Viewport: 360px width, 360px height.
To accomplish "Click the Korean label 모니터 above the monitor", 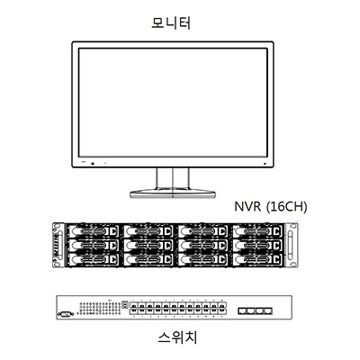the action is pos(171,23).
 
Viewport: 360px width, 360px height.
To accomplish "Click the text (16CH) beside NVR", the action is pos(287,207).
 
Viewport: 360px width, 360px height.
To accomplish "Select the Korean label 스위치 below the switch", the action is pos(177,337).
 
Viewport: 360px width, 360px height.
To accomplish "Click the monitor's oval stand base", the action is pos(173,193).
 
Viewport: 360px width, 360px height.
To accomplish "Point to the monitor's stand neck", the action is pos(173,178).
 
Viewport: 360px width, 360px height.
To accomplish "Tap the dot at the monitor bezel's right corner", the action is pos(265,164).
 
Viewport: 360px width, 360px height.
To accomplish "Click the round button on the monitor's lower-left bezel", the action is pos(93,164).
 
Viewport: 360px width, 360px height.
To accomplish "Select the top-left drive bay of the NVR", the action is pos(93,231).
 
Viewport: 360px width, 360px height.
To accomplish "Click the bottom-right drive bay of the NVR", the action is pos(257,259).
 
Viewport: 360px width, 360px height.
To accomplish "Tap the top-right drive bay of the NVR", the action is pos(257,231).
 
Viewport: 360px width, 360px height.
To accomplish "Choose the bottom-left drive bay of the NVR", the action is pos(93,259).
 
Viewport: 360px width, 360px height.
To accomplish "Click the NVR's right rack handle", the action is pos(290,246).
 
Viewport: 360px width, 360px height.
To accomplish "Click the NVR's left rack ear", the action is pos(58,245).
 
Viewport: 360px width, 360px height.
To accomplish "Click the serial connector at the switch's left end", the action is pos(66,314).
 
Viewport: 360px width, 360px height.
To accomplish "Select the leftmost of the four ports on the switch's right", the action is pos(242,310).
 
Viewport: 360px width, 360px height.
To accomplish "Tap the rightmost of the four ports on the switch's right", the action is pos(268,310).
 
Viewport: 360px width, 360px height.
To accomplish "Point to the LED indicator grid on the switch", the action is pos(100,308).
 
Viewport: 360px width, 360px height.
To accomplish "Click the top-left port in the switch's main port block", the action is pos(133,306).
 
